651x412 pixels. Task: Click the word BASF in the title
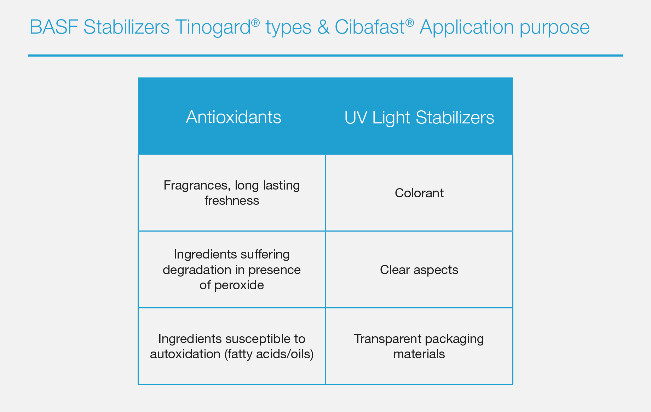point(54,27)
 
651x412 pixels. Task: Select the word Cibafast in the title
point(370,27)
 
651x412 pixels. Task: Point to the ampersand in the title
point(323,27)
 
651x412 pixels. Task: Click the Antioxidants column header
point(234,117)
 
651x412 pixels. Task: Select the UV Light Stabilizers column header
point(419,117)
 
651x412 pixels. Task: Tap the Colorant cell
point(419,193)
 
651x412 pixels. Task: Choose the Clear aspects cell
point(419,270)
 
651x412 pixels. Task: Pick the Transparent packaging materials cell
point(419,346)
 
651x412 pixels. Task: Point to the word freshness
point(232,201)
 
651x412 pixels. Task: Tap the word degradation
point(197,270)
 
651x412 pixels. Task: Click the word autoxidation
point(185,354)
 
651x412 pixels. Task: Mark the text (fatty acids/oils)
point(269,354)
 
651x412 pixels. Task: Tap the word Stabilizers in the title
point(127,27)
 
